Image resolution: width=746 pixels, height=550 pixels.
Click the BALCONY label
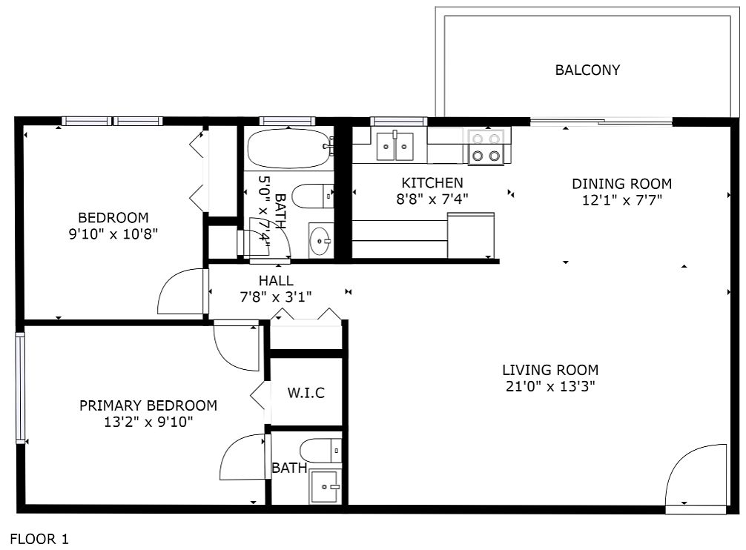click(587, 70)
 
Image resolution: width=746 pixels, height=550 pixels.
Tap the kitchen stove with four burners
click(486, 147)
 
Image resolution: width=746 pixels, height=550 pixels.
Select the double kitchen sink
click(395, 146)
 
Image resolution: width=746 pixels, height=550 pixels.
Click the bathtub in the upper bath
click(288, 148)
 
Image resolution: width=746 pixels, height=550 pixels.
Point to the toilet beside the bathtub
click(313, 196)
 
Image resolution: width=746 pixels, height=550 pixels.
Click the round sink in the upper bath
click(320, 240)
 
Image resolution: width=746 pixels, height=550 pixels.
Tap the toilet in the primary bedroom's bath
click(320, 451)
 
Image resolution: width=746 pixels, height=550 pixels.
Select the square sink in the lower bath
click(325, 486)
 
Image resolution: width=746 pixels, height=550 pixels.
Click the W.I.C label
click(306, 393)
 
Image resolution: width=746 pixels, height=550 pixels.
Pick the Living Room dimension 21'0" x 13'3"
click(550, 386)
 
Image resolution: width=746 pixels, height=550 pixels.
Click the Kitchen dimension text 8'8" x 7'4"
click(432, 199)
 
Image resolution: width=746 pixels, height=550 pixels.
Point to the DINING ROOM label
click(622, 184)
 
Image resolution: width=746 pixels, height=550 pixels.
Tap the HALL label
click(276, 280)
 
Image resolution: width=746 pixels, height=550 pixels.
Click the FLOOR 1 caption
click(39, 539)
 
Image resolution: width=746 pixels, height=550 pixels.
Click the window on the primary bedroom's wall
click(20, 388)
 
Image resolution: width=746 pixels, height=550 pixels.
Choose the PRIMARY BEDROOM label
click(148, 405)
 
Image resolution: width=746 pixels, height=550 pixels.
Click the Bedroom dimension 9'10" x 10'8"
click(113, 234)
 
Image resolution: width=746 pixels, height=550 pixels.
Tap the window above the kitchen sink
click(399, 122)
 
